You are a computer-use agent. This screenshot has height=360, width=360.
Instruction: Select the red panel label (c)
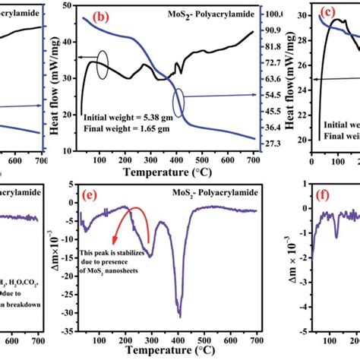point(328,12)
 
